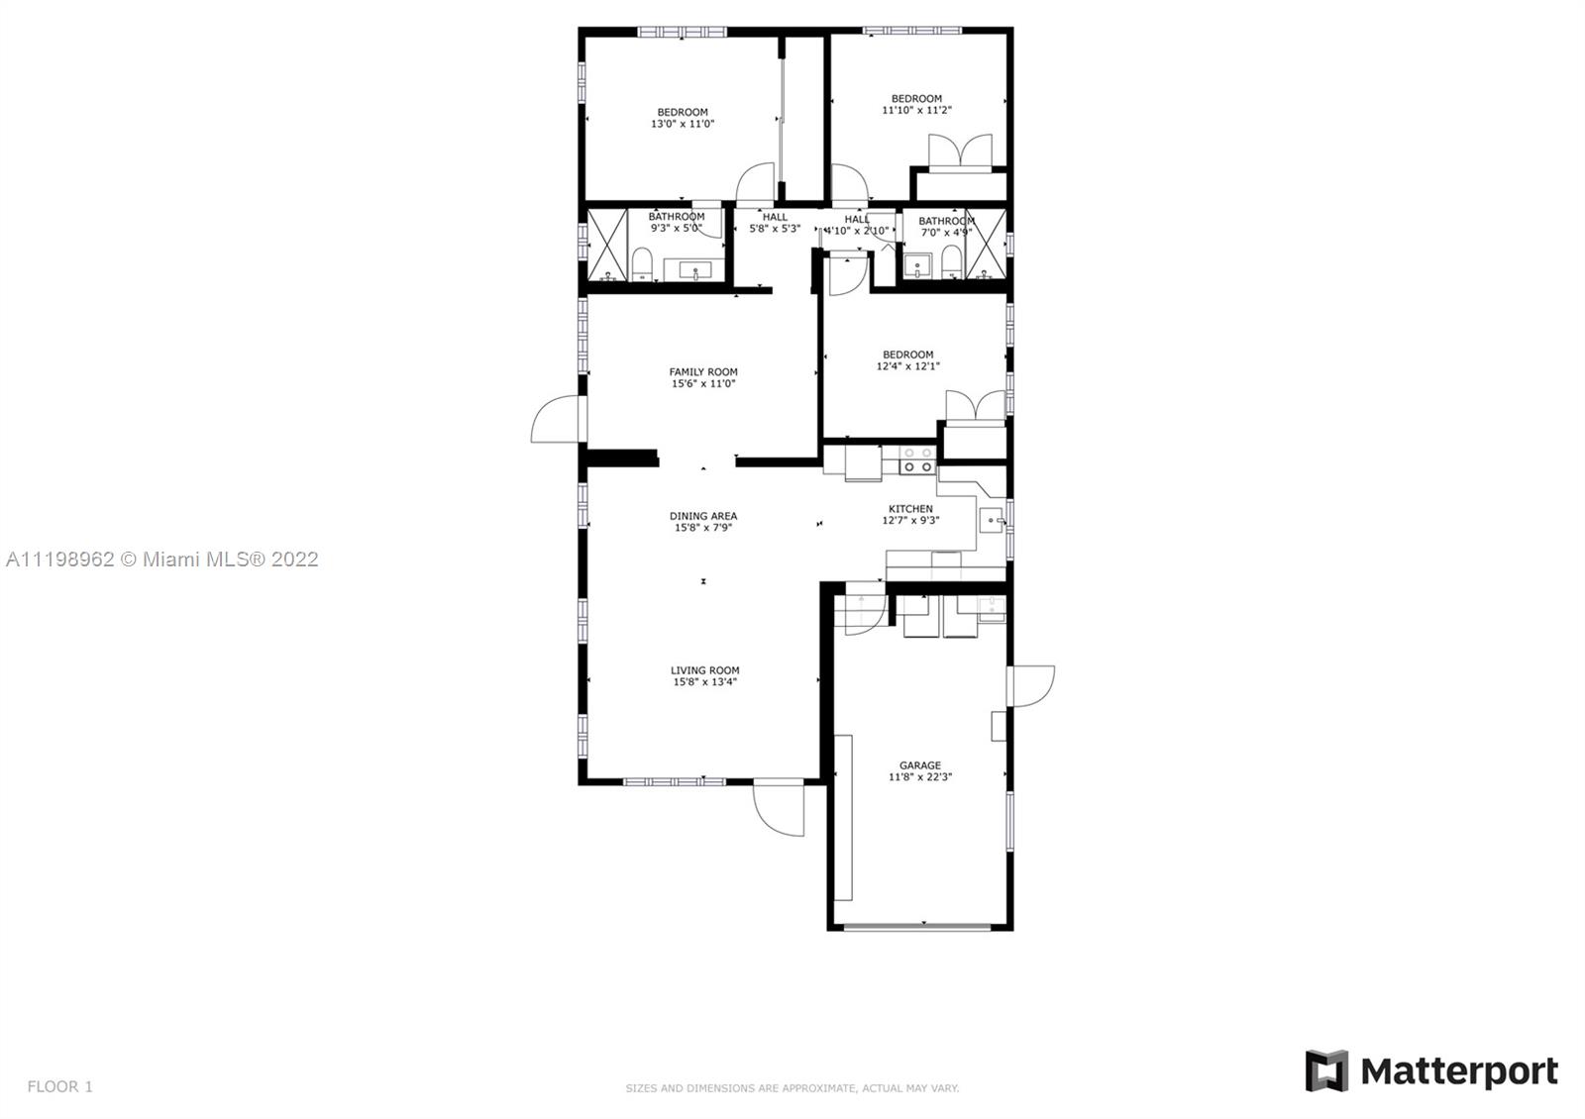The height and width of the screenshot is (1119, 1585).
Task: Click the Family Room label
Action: pos(703,372)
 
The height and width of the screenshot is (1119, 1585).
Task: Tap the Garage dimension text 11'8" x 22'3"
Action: pos(920,776)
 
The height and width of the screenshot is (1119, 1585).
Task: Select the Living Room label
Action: pos(704,670)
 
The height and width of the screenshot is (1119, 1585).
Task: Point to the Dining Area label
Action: pos(703,516)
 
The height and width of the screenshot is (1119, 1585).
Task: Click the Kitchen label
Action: pos(910,509)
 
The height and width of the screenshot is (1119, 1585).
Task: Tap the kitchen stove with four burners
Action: pos(917,459)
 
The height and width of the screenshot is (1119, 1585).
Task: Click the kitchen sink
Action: pos(992,521)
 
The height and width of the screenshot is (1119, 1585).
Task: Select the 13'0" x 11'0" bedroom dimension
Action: pos(683,124)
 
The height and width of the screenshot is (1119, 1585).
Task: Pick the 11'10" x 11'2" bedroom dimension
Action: pos(916,110)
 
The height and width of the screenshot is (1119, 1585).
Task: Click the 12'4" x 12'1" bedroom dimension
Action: pos(907,366)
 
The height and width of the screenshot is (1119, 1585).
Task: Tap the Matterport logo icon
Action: pos(1326,1070)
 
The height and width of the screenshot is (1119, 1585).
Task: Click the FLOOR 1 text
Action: pos(60,1086)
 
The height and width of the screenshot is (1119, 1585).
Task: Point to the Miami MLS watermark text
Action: pos(162,559)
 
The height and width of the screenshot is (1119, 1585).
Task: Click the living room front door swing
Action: pos(779,809)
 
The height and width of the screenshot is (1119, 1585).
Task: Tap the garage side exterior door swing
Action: pos(1031,686)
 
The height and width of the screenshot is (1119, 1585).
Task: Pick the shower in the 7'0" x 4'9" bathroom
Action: pos(986,244)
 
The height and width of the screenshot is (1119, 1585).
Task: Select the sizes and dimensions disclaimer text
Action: pos(792,1088)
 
